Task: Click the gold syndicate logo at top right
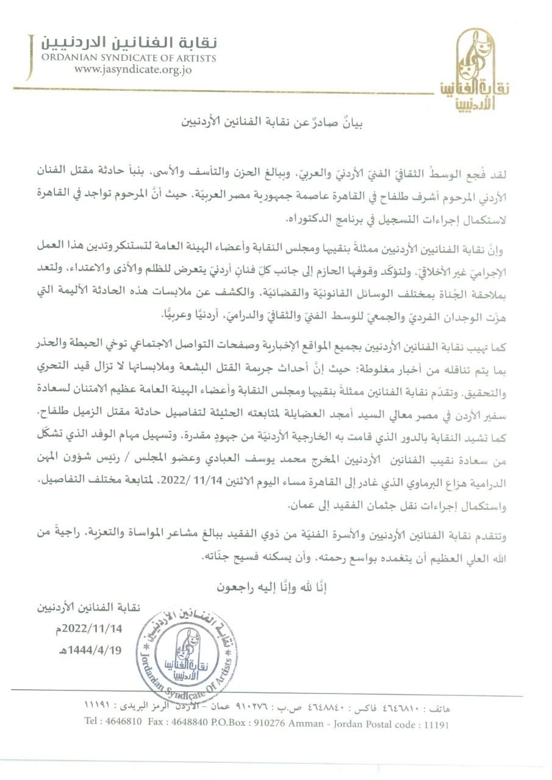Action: tap(476, 72)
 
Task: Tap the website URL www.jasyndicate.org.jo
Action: tap(133, 69)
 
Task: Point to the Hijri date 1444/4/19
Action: tap(98, 650)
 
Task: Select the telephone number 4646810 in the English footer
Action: tap(123, 725)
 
